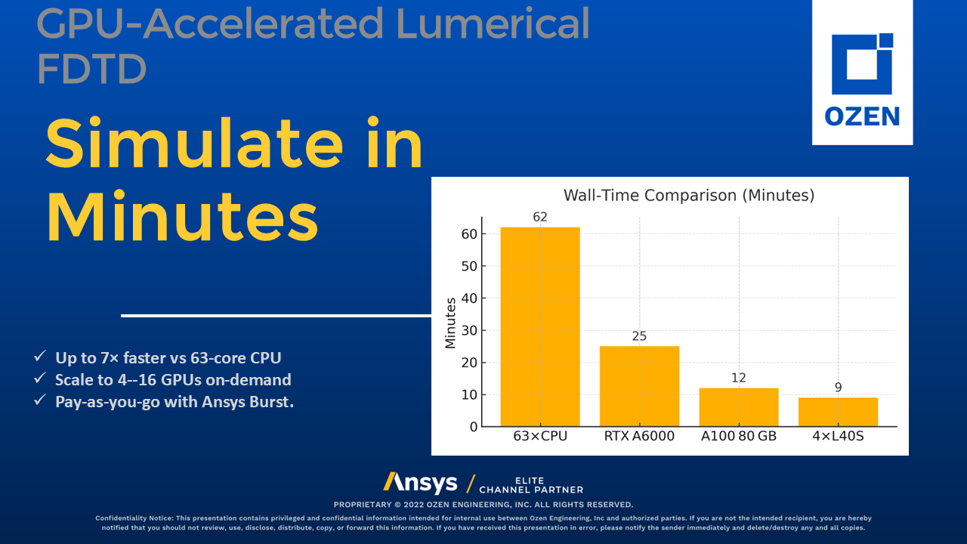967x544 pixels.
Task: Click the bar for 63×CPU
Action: point(539,326)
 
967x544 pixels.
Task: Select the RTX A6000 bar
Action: point(639,386)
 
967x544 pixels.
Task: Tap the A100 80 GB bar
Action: point(738,407)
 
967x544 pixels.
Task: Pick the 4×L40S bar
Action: point(838,412)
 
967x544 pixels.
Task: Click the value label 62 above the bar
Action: point(539,218)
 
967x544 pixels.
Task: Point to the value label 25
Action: point(639,336)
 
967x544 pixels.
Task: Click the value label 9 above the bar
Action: point(838,388)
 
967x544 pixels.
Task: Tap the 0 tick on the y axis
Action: point(474,427)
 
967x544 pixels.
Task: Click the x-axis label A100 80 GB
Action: point(738,437)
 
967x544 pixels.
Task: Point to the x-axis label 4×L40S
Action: point(838,437)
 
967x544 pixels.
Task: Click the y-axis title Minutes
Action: point(451,323)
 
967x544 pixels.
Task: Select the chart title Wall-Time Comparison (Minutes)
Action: point(689,196)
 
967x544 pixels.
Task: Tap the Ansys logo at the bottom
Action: point(420,483)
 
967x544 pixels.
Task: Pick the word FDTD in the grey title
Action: point(91,70)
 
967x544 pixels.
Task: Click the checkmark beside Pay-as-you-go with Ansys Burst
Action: point(40,401)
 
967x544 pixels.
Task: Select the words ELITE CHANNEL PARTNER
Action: point(531,485)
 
